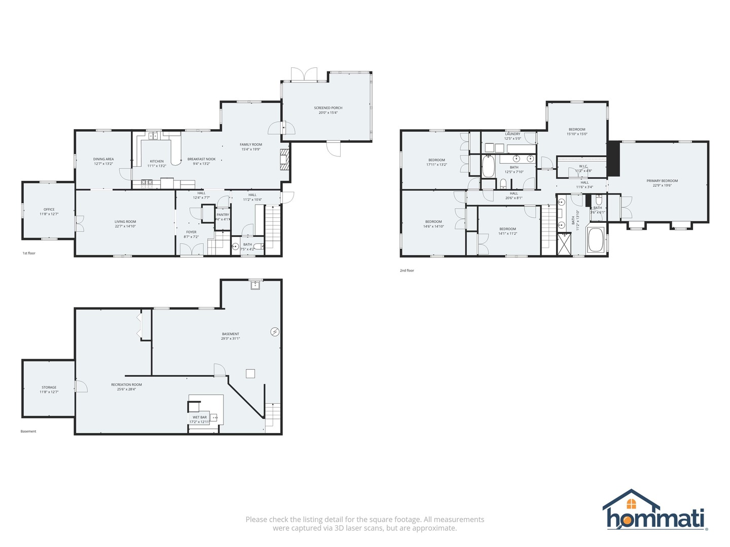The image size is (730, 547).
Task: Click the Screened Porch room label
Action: [328, 108]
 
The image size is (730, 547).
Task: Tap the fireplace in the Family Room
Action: [285, 160]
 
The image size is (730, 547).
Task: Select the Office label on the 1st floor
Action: [49, 209]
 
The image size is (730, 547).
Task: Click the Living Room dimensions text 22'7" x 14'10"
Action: [125, 226]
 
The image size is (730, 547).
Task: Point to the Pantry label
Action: [223, 215]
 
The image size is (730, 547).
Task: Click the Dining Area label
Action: [103, 159]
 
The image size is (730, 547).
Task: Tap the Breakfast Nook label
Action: [201, 159]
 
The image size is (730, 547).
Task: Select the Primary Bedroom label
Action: [662, 181]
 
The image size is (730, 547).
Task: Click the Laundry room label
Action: [513, 134]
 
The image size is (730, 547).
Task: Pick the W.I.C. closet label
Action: [583, 166]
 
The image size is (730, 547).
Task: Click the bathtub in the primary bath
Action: [596, 240]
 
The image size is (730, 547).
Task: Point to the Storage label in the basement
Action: [49, 387]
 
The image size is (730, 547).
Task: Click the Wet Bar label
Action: [200, 417]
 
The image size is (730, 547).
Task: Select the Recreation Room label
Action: [127, 384]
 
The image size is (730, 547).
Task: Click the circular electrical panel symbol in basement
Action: [275, 332]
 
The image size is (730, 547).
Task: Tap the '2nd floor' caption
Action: [407, 270]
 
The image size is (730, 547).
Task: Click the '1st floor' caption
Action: [29, 253]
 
